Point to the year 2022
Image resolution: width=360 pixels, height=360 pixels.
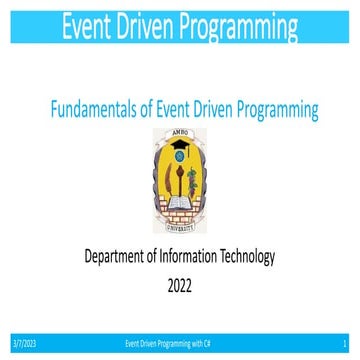[180, 284]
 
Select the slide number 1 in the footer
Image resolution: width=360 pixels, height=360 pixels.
[343, 342]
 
